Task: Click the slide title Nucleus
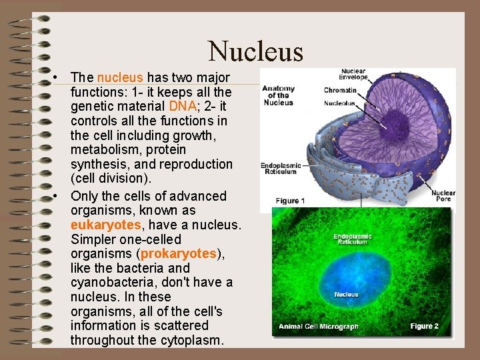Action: pyautogui.click(x=255, y=51)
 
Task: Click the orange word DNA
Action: pyautogui.click(x=183, y=106)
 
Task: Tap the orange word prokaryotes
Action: pyautogui.click(x=179, y=254)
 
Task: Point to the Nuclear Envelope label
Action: pyautogui.click(x=354, y=74)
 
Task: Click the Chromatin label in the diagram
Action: pyautogui.click(x=340, y=90)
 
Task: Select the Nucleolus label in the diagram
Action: pyautogui.click(x=340, y=103)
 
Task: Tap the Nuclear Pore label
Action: pyautogui.click(x=443, y=195)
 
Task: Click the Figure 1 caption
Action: pyautogui.click(x=291, y=201)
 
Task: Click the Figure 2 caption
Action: pyautogui.click(x=424, y=326)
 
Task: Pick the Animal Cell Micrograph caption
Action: pyautogui.click(x=319, y=327)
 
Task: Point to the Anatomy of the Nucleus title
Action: pyautogui.click(x=278, y=95)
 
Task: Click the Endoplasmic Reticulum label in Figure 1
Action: pyautogui.click(x=281, y=168)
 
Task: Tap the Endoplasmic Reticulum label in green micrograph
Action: pyautogui.click(x=353, y=239)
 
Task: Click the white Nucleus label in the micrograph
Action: pyautogui.click(x=346, y=294)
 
